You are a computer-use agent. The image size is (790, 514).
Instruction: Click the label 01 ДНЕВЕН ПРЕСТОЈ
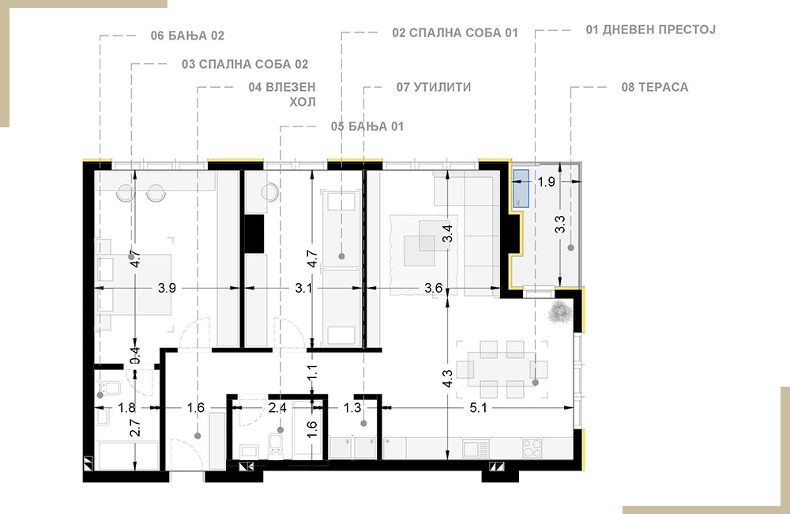tap(650, 30)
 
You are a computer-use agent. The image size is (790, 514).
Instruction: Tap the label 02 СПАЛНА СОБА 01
tap(455, 32)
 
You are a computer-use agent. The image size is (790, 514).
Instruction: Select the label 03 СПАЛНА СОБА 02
tap(245, 65)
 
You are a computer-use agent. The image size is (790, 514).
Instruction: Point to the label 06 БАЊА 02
tap(187, 36)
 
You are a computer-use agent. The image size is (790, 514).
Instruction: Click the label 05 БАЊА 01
tap(367, 126)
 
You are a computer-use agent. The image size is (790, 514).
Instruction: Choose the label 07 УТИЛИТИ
tap(434, 87)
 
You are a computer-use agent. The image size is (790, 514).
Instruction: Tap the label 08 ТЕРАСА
tap(654, 87)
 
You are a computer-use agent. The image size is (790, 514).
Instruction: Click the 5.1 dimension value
tap(478, 407)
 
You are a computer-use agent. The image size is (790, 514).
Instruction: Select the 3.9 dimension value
tap(167, 288)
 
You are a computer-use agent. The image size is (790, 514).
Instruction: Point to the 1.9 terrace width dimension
tap(546, 182)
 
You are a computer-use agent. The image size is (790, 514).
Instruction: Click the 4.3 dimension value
tap(447, 378)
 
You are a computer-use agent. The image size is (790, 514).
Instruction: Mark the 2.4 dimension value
tap(277, 407)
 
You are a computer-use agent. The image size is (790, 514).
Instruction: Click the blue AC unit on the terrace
tap(521, 189)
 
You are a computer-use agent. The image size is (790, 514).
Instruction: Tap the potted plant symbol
tap(560, 312)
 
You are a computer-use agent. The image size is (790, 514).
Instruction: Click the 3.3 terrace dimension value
tap(560, 225)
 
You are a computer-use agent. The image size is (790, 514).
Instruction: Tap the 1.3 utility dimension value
tap(352, 407)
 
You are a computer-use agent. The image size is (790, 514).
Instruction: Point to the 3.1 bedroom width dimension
tap(303, 288)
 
